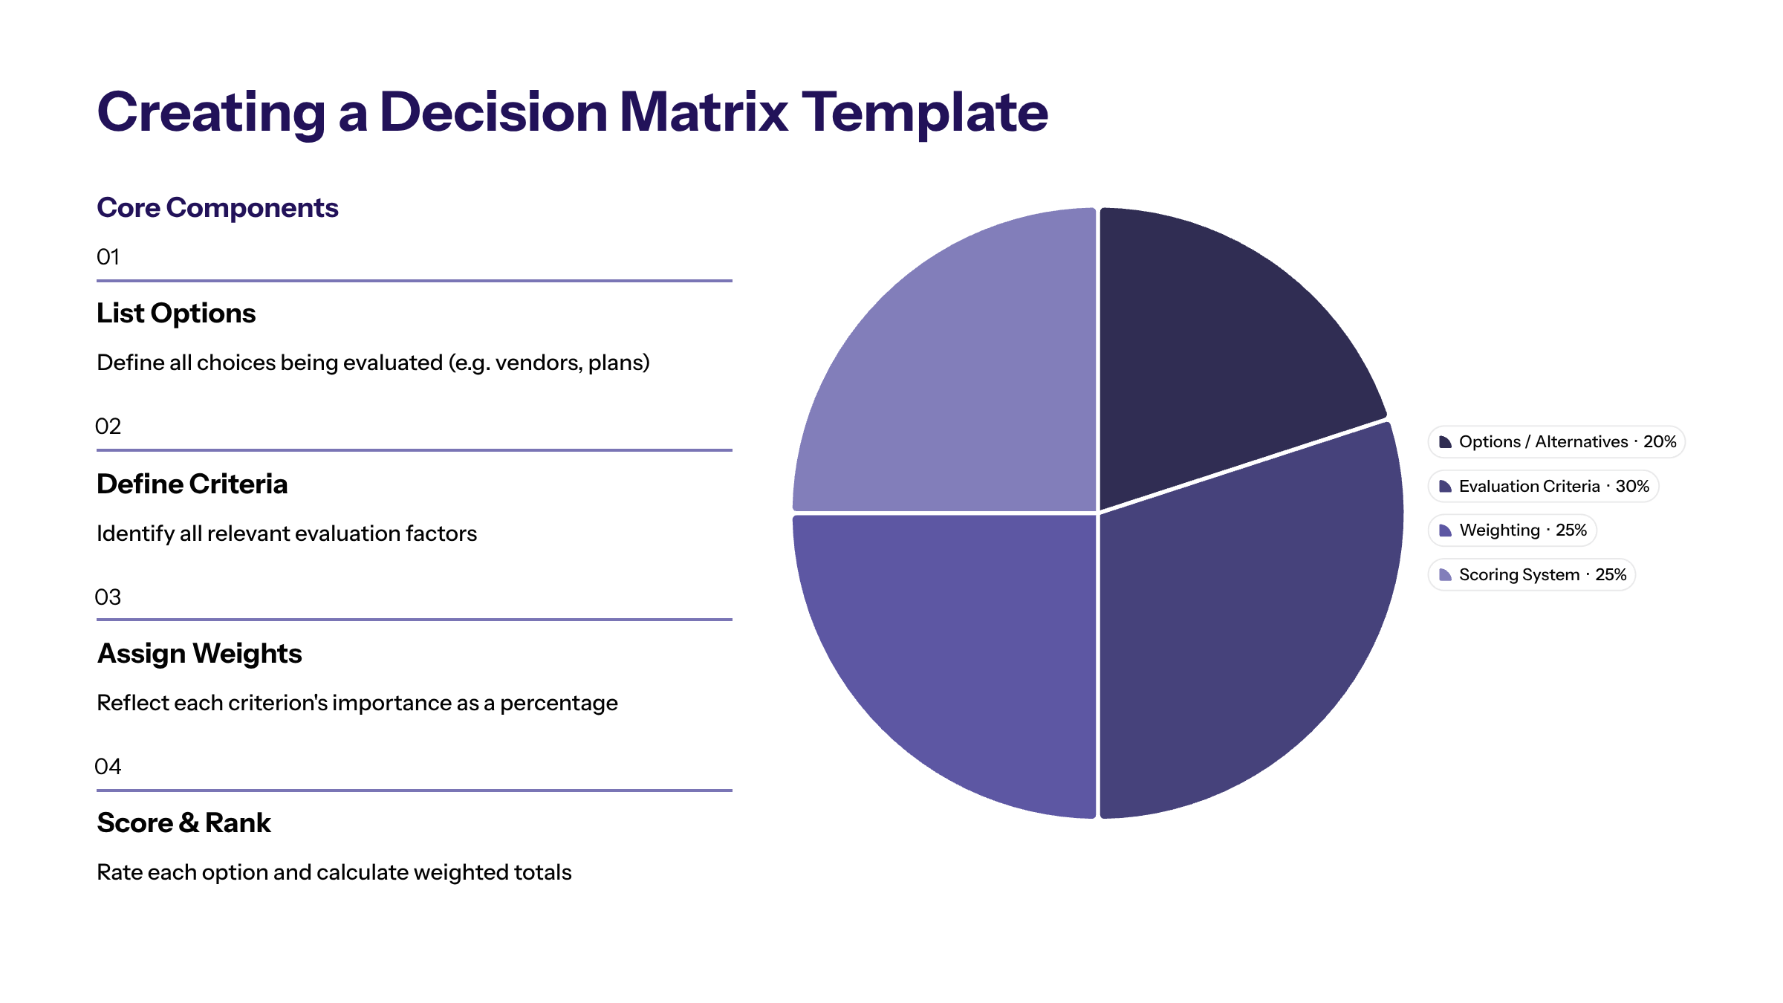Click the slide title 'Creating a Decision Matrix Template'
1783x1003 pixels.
click(572, 112)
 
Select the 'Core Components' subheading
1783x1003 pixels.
click(218, 208)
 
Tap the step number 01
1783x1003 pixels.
click(108, 257)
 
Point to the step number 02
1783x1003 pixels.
click(108, 426)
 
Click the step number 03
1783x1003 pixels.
click(108, 597)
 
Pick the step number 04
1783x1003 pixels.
click(108, 767)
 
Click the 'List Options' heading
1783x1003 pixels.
click(176, 314)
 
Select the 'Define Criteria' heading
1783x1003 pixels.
click(192, 484)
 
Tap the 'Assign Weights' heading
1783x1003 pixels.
click(200, 654)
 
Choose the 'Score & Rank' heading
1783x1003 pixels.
click(184, 823)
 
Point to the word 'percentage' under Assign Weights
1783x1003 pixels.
click(559, 703)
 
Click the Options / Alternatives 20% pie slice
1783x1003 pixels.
click(1218, 342)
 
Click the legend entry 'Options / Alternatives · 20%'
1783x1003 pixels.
click(1556, 442)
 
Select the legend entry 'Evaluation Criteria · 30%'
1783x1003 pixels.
click(1544, 487)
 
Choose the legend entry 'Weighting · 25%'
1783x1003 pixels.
click(1513, 530)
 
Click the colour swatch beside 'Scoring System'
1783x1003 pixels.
click(1445, 575)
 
